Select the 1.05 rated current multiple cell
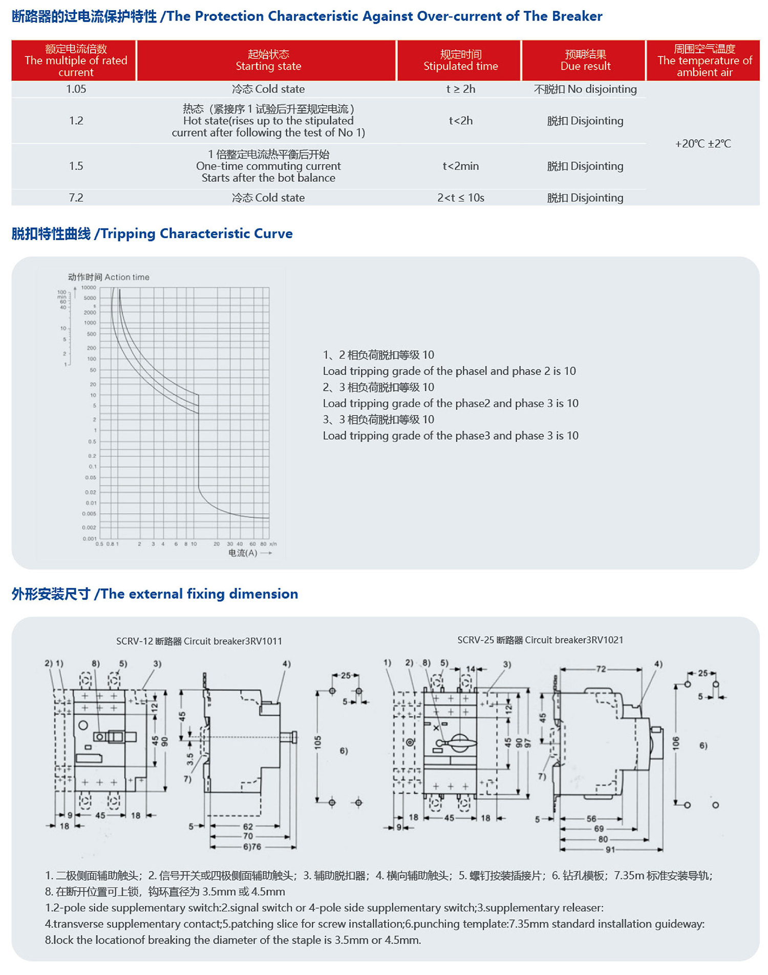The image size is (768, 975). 76,89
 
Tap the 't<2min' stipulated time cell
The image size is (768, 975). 460,166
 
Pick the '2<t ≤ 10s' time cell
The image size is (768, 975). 460,198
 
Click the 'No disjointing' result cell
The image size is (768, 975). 585,89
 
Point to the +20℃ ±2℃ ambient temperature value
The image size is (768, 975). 703,144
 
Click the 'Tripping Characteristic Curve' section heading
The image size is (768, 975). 152,234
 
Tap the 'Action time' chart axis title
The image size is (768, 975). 109,277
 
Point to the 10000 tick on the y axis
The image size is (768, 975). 89,288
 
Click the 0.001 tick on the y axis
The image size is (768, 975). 89,539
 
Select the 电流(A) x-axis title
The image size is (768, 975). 243,553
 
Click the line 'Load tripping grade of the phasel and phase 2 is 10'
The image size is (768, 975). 449,371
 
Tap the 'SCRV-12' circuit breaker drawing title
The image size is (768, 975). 199,641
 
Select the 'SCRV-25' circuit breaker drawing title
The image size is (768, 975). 540,640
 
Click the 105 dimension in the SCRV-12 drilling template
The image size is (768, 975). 318,743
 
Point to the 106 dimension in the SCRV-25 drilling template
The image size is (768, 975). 676,743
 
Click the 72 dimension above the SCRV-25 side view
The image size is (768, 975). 601,669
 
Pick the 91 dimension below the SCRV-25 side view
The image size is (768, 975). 610,850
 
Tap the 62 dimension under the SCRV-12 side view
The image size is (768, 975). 248,826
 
